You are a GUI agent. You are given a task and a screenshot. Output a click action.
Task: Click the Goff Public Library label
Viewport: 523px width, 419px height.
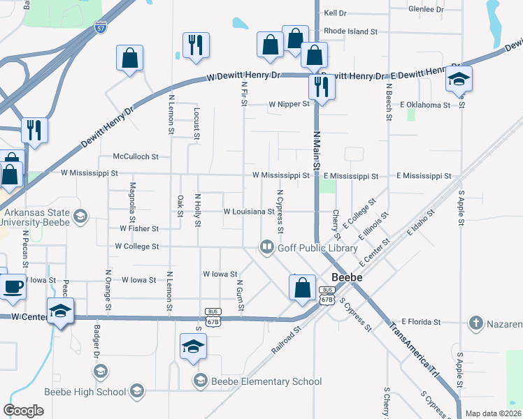click(317, 247)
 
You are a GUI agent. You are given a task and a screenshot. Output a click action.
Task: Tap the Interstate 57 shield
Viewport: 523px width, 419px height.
click(102, 28)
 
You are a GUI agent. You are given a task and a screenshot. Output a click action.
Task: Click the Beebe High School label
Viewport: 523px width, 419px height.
click(85, 392)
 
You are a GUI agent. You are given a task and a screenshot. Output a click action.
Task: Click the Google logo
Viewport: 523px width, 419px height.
click(23, 410)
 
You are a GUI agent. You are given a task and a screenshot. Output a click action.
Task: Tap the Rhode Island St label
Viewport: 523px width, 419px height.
click(350, 31)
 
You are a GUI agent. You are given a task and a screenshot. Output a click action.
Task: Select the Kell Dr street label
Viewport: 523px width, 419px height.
click(336, 13)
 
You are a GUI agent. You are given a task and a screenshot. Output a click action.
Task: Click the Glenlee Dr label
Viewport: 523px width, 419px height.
click(427, 10)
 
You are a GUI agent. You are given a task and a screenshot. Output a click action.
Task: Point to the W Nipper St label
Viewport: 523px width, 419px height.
click(289, 104)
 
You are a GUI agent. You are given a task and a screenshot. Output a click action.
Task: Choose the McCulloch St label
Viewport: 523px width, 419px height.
click(136, 157)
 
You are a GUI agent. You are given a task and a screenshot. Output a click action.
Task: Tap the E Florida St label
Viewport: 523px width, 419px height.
click(417, 322)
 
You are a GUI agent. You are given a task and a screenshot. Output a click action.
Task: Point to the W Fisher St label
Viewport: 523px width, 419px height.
click(140, 228)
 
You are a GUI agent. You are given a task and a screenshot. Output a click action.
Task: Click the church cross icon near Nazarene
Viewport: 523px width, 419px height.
click(475, 323)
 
